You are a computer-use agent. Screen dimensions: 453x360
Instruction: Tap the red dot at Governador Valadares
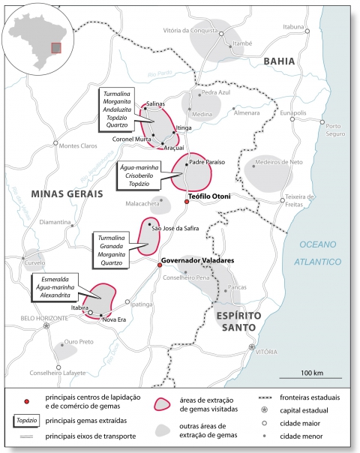(x=159, y=265)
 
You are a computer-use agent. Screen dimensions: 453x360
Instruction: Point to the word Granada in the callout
(x=112, y=244)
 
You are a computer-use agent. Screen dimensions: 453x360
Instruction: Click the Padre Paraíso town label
(x=208, y=161)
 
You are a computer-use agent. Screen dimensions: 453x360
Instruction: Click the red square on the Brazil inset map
(x=55, y=48)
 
